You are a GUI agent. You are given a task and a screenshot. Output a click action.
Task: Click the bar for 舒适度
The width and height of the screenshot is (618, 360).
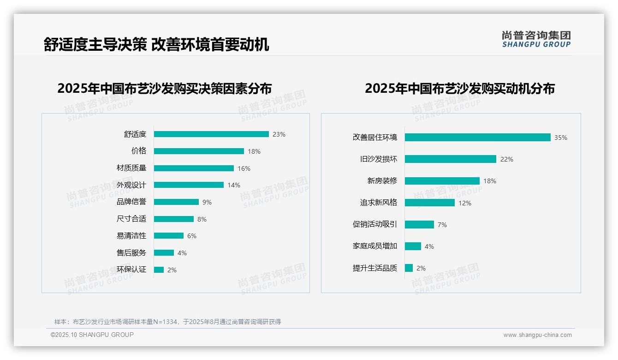(211, 134)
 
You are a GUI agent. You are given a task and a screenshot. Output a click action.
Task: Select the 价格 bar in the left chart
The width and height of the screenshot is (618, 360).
(199, 151)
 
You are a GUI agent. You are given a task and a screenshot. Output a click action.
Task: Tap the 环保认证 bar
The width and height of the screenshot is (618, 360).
(159, 270)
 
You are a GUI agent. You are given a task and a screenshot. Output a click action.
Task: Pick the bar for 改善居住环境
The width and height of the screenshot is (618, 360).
(477, 138)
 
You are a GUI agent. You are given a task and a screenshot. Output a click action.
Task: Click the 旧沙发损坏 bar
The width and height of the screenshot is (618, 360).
(450, 159)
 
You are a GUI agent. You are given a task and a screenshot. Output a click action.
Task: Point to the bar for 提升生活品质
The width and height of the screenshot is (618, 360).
(409, 268)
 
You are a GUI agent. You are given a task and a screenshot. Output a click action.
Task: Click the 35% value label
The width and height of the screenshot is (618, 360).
(561, 138)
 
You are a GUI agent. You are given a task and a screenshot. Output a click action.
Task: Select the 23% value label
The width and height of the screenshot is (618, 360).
(279, 134)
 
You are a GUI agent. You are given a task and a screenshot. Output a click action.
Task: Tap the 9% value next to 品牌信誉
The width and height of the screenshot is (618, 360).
(207, 202)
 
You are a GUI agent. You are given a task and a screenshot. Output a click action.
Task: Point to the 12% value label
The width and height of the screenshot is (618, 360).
(465, 203)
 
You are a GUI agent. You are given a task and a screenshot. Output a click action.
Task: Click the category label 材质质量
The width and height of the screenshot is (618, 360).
(131, 168)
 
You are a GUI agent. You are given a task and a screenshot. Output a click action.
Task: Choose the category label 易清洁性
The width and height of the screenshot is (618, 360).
(131, 236)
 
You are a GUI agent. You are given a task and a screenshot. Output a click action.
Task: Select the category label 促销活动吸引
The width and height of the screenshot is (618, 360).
(375, 224)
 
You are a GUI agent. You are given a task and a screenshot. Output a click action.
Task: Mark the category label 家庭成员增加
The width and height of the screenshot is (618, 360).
(375, 246)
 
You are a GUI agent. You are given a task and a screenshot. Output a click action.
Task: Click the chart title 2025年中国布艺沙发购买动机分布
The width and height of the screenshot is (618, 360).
(460, 89)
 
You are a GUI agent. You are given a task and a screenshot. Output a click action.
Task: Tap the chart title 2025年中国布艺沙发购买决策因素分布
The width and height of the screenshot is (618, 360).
(165, 89)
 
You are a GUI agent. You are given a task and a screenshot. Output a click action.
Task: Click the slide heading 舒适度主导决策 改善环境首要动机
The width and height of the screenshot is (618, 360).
(156, 45)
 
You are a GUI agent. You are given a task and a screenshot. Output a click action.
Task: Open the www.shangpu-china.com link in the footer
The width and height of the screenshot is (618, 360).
(537, 335)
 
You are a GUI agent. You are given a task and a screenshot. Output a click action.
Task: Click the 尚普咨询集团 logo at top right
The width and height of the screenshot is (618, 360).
(536, 39)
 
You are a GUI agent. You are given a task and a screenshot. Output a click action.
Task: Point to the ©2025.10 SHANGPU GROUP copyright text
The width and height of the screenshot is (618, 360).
(92, 335)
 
